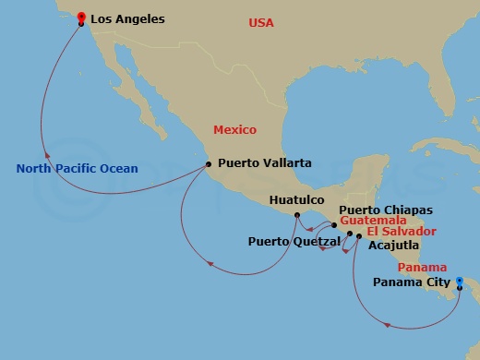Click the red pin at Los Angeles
point(81,18)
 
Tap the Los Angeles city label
point(127,18)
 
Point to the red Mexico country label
point(234,130)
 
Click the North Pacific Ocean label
point(78,169)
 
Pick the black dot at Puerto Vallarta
point(209,164)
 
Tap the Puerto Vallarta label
point(265,163)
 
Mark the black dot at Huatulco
point(296,216)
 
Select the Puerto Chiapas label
point(392,210)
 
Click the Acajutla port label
point(393,246)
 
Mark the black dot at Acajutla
point(359,237)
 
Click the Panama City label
point(412,283)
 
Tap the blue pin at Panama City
point(460,283)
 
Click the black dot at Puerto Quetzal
point(350,234)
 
